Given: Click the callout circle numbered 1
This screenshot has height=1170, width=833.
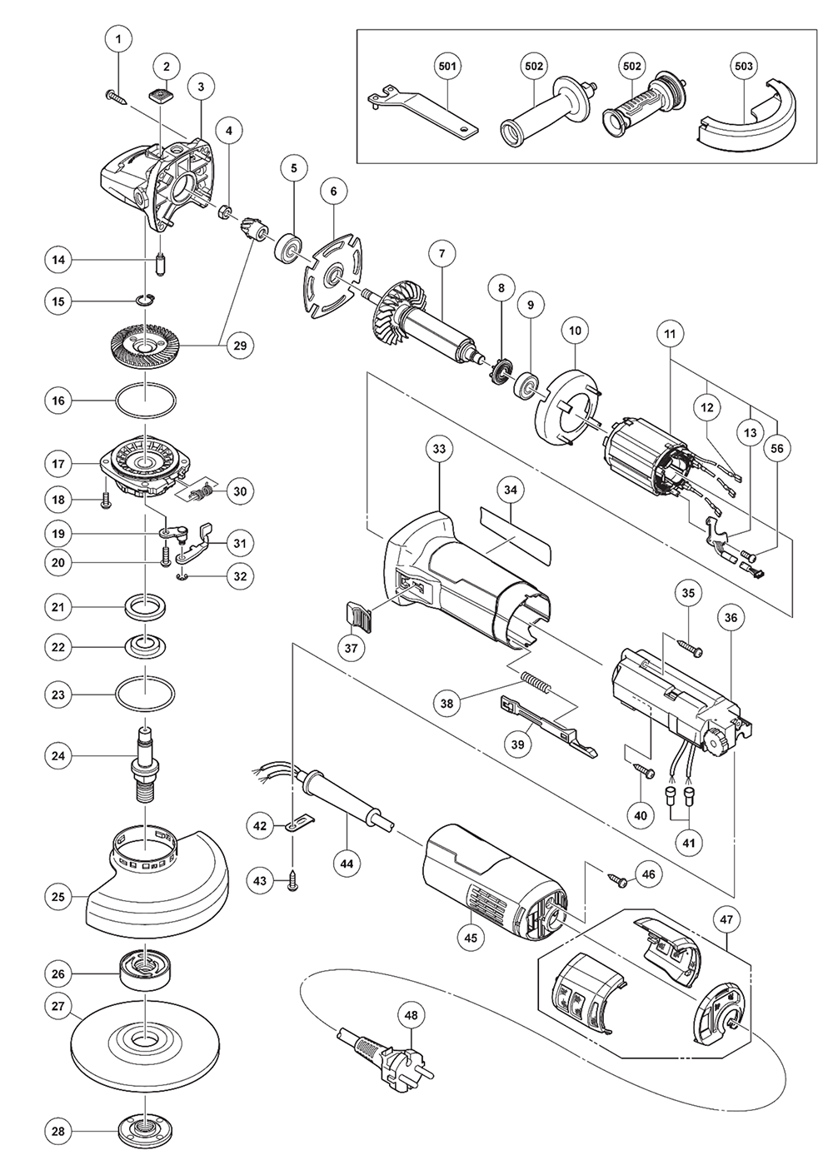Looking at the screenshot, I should (118, 39).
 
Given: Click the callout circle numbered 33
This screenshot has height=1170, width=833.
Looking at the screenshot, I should (439, 448).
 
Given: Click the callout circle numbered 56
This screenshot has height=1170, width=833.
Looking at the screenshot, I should (776, 448).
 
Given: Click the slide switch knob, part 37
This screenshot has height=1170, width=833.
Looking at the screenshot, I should (356, 616).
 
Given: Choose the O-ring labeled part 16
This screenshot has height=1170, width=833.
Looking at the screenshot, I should (145, 401).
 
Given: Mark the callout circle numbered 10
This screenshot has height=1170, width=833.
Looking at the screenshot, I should (575, 331).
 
